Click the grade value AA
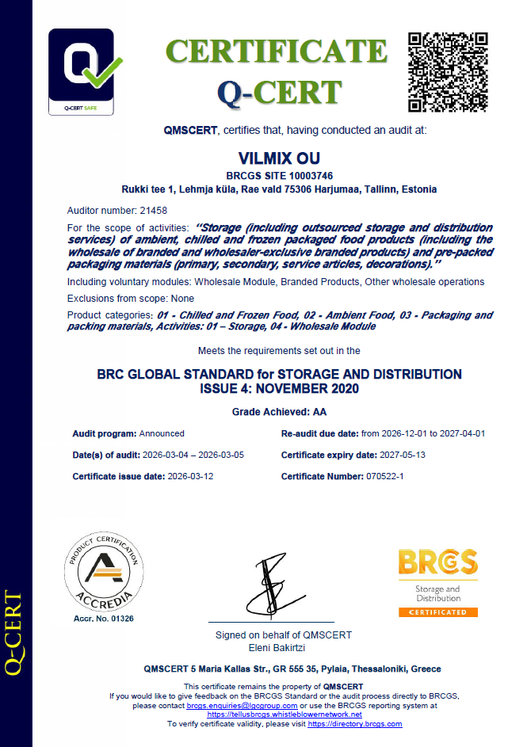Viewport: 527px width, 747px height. [x=319, y=412]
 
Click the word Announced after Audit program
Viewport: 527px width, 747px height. [x=162, y=433]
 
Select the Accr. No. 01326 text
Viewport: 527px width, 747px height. [x=102, y=618]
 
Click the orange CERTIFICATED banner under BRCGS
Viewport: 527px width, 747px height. [x=438, y=612]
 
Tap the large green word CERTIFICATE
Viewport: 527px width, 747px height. [x=277, y=51]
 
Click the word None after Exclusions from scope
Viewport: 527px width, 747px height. [x=181, y=299]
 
